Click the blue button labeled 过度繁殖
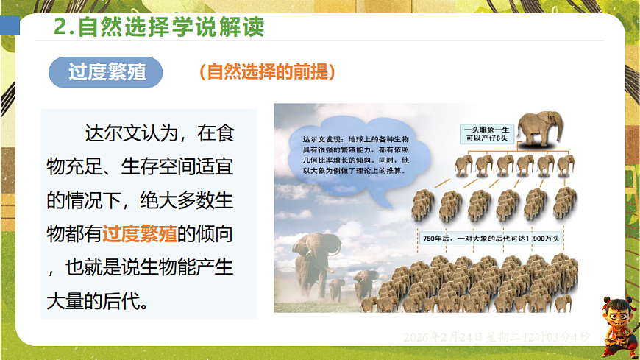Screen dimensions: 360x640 click(x=106, y=72)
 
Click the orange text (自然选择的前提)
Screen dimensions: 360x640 click(x=267, y=71)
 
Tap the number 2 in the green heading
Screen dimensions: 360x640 click(x=63, y=27)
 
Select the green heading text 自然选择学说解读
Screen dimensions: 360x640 click(x=171, y=27)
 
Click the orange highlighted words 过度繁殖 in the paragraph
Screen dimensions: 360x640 click(x=139, y=234)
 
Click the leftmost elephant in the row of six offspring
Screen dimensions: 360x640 click(x=463, y=166)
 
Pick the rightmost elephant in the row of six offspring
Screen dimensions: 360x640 click(x=566, y=166)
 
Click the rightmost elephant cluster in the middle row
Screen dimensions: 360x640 click(x=565, y=205)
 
